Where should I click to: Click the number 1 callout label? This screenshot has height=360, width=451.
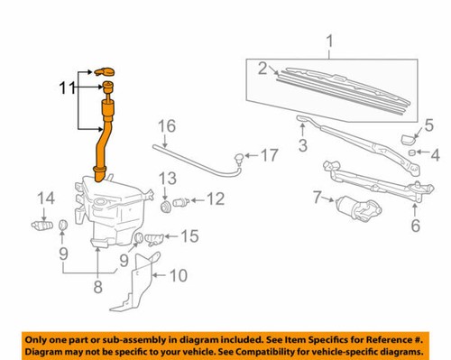pyautogui.click(x=329, y=40)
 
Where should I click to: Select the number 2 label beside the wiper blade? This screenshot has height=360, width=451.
pyautogui.click(x=262, y=67)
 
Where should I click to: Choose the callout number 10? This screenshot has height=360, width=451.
pyautogui.click(x=178, y=274)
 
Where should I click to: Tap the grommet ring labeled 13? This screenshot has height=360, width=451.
pyautogui.click(x=166, y=207)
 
